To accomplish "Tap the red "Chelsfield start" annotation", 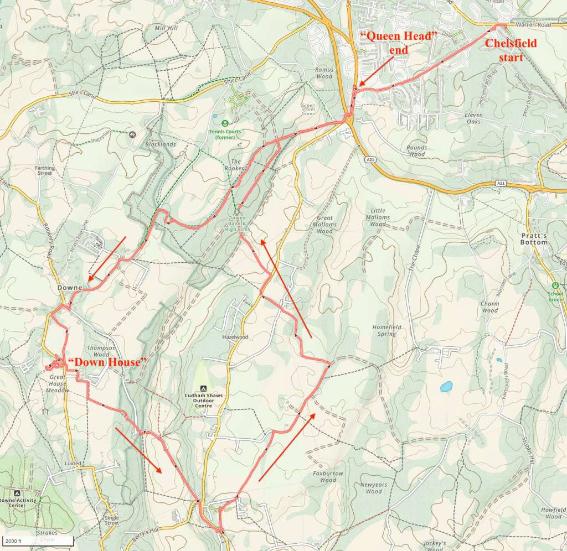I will coord(511,50).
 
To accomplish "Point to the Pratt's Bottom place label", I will coord(534,238).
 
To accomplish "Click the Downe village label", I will coord(70,288).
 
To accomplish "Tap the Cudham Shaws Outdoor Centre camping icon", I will coord(203,389).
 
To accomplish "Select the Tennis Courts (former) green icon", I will coord(225,123).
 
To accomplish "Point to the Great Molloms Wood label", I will coord(324,225).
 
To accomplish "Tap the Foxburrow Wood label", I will coord(328,477).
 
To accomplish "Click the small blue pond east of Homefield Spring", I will coord(446,387).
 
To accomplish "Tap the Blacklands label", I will coord(160,144).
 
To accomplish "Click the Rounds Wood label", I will coord(416,151).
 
